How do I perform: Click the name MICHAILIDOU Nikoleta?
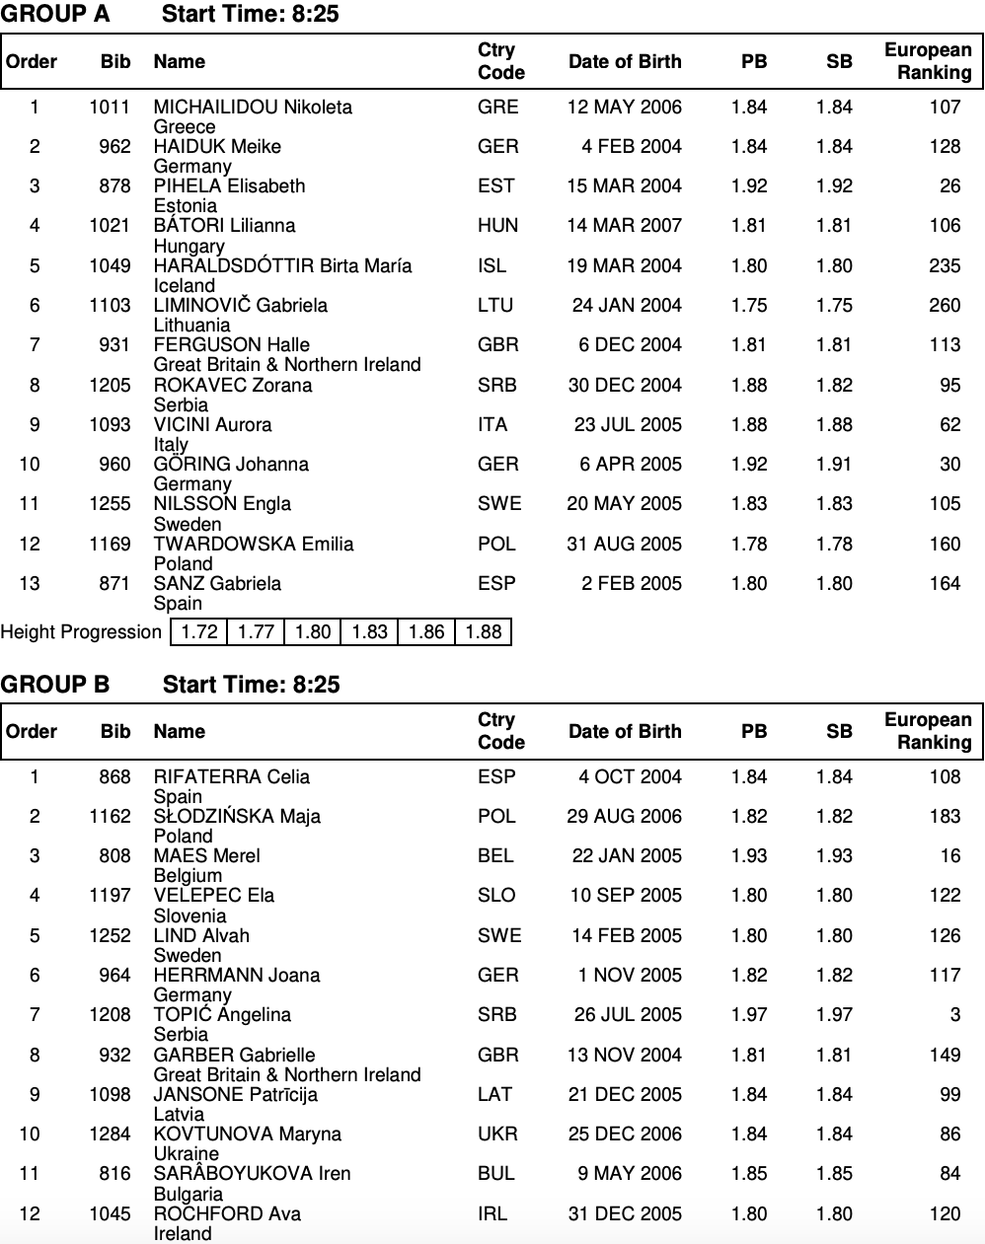tap(253, 107)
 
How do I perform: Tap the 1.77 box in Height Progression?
tap(256, 631)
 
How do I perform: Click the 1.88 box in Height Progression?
tap(483, 631)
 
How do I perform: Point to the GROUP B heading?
tap(55, 685)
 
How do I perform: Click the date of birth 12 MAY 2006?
tap(624, 107)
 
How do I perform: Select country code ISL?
tap(492, 265)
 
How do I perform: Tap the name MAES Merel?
tap(207, 855)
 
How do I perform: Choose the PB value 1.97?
tap(749, 1014)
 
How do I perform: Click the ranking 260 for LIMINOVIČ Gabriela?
tap(945, 305)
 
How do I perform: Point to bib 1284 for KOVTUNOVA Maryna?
tap(110, 1134)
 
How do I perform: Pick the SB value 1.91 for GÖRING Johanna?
tap(834, 464)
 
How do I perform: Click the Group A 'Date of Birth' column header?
tap(625, 61)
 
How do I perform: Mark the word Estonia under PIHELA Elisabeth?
tap(186, 205)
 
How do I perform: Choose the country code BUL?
tap(496, 1173)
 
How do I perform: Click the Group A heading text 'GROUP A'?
tap(55, 14)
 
